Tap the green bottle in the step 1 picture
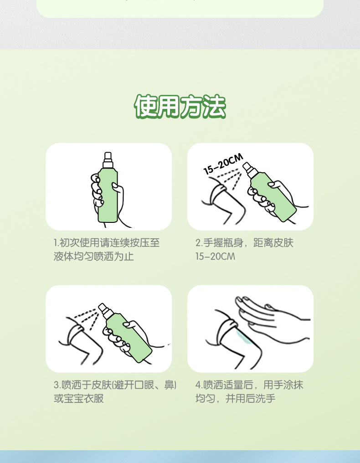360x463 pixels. pyautogui.click(x=108, y=196)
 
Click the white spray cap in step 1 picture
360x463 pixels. pyautogui.click(x=108, y=160)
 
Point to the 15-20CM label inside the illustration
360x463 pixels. pyautogui.click(x=223, y=165)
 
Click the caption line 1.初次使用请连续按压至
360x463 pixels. pyautogui.click(x=107, y=243)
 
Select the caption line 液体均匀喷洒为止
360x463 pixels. pyautogui.click(x=94, y=257)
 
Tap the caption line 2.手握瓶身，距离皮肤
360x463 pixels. pyautogui.click(x=244, y=243)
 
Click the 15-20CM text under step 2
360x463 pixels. pyautogui.click(x=215, y=257)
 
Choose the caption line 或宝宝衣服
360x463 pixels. pyautogui.click(x=79, y=399)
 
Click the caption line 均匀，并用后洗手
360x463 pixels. pyautogui.click(x=236, y=399)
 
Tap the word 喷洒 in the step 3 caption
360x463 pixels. pyautogui.click(x=72, y=385)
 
